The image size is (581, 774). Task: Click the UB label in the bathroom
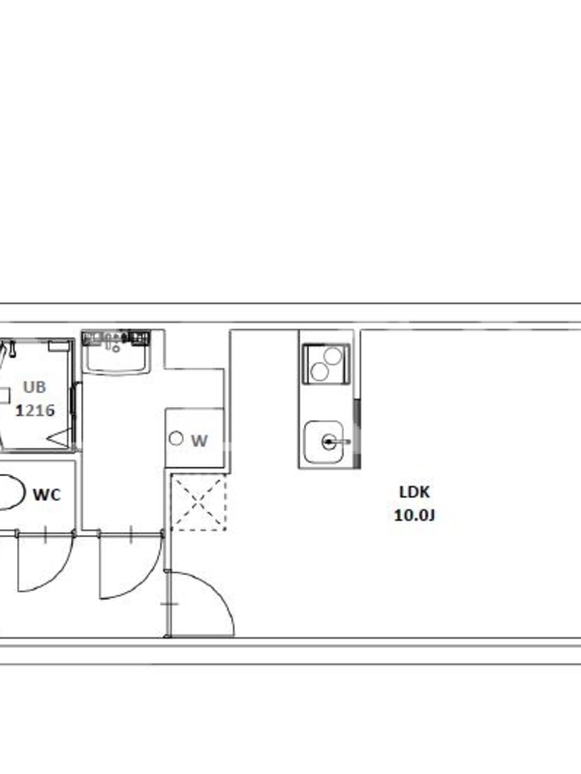(x=35, y=388)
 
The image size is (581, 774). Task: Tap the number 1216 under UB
(x=35, y=410)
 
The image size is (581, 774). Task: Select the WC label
(x=46, y=494)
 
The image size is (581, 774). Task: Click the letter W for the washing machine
(x=199, y=441)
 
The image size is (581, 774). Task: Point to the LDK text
(x=414, y=492)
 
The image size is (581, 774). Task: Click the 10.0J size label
(x=414, y=516)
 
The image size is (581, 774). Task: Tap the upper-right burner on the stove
(x=333, y=356)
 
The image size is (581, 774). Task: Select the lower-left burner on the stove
(x=320, y=372)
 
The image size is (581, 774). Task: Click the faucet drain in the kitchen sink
(x=328, y=442)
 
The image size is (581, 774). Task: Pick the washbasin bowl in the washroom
(x=116, y=357)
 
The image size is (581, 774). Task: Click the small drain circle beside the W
(x=176, y=438)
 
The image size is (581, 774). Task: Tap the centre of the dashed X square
(x=199, y=503)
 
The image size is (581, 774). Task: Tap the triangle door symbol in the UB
(x=59, y=439)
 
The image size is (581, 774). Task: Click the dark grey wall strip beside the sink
(x=357, y=433)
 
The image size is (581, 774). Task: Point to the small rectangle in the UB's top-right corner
(x=58, y=346)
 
